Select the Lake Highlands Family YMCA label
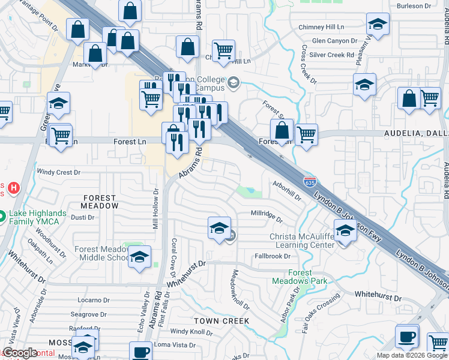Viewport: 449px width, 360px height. [37, 219]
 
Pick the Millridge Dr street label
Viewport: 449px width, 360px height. [267, 214]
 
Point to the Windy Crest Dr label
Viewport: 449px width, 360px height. [58, 172]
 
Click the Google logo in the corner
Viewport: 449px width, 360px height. [20, 353]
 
